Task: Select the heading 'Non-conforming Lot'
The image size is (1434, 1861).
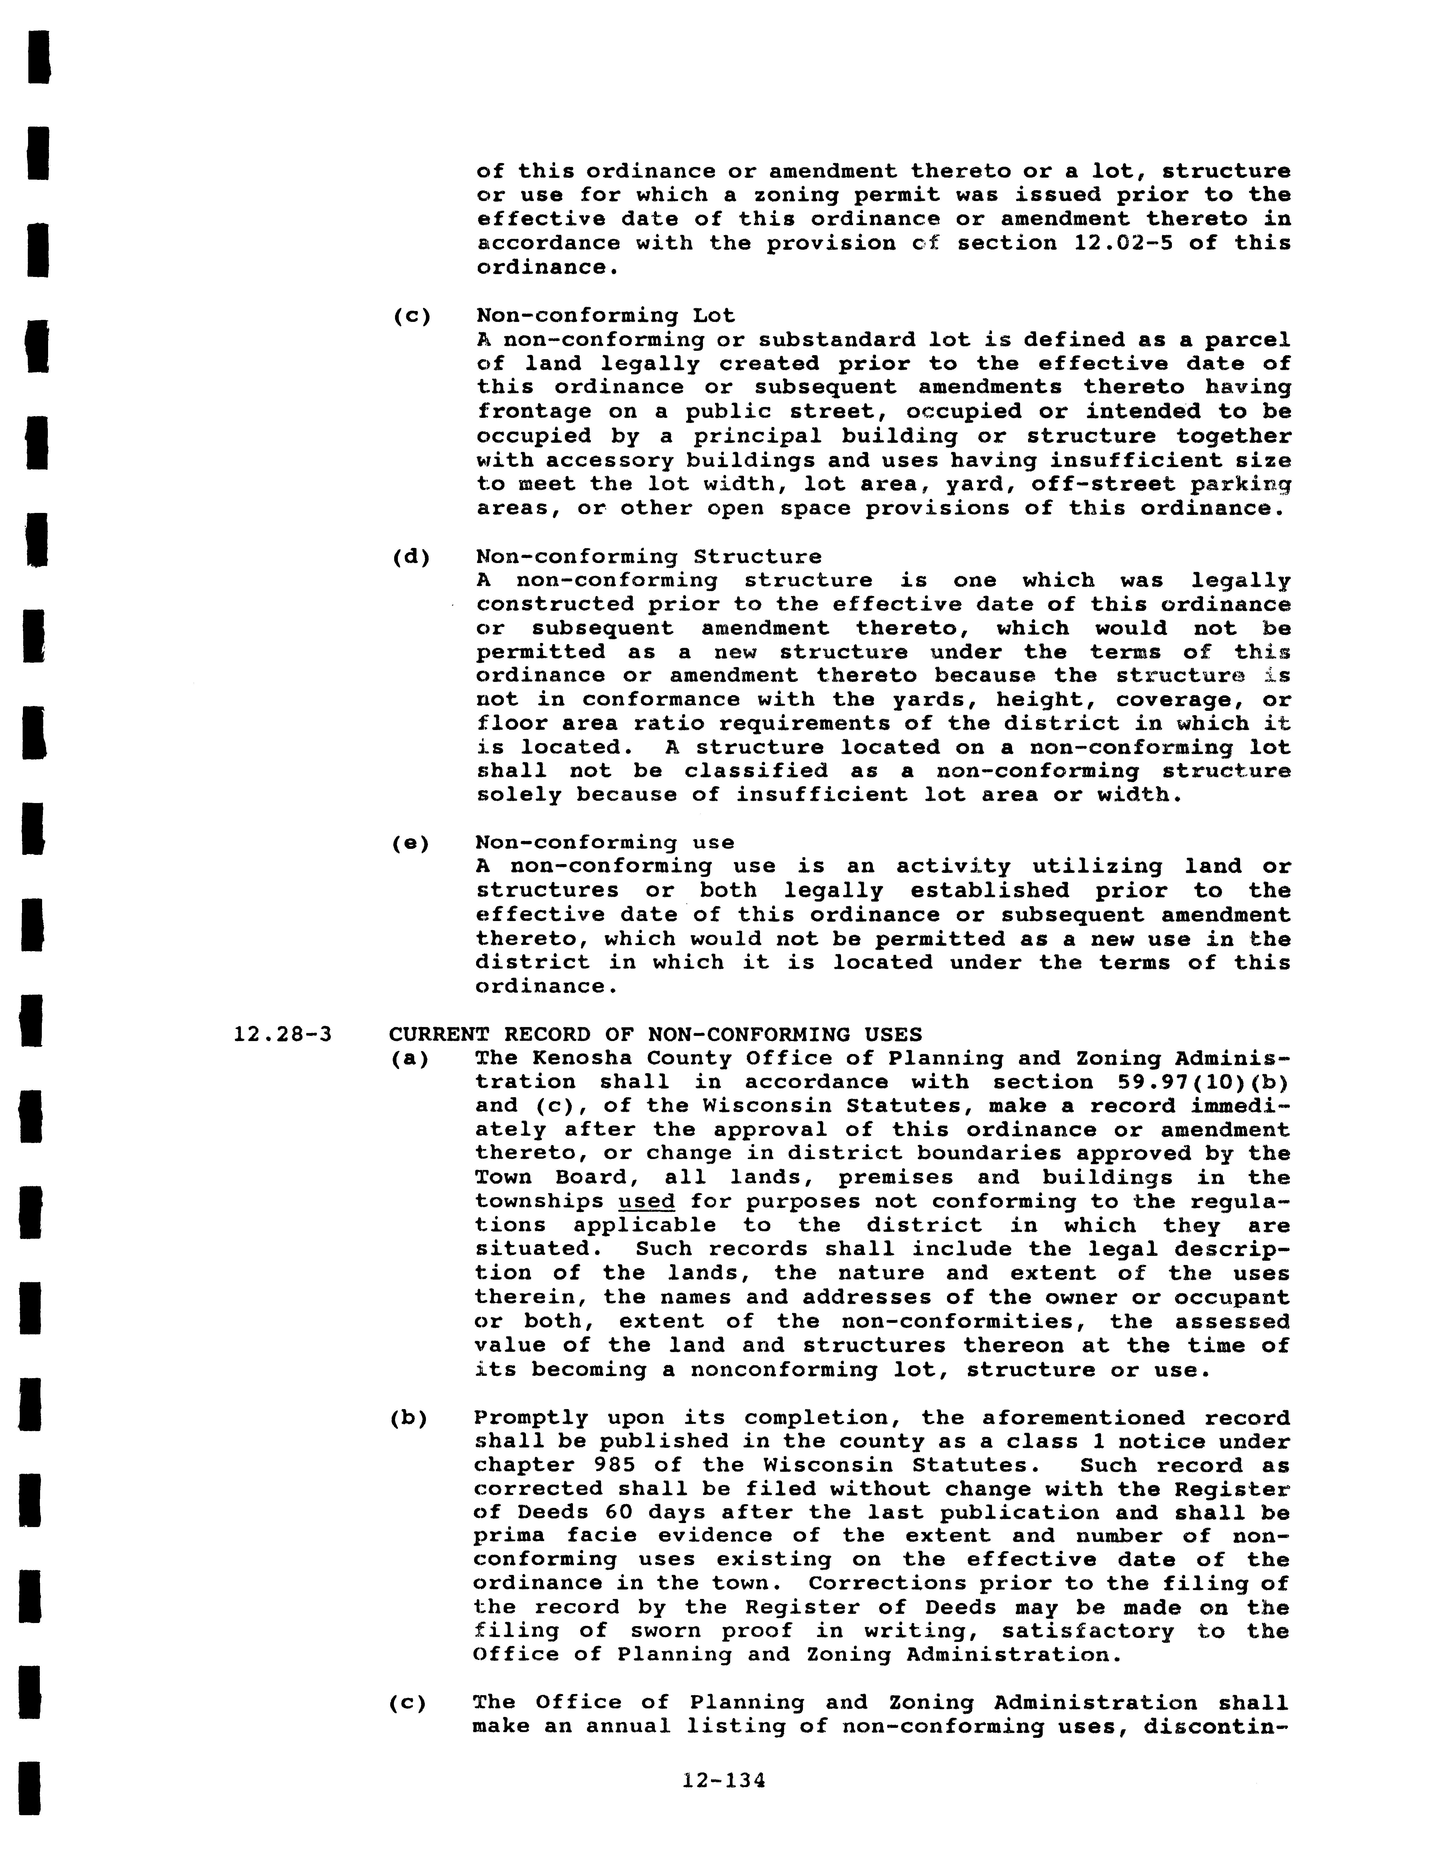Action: point(605,315)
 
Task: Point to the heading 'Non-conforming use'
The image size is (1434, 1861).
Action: point(605,843)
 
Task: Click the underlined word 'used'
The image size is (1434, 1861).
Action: point(647,1201)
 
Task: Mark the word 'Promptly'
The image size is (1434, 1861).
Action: point(531,1418)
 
